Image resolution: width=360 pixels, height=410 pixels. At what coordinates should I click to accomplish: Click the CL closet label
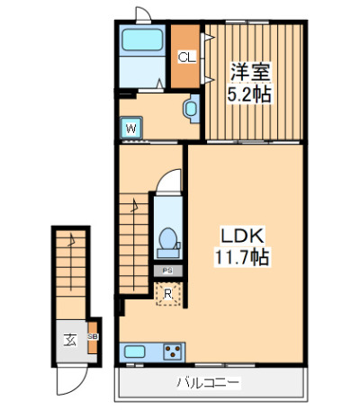coord(186,57)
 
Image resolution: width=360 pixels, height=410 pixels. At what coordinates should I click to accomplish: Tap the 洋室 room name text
coord(250,72)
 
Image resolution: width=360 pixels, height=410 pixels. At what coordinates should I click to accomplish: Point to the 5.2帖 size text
coord(249,94)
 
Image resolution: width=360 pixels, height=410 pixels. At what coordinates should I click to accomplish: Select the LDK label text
coord(242,236)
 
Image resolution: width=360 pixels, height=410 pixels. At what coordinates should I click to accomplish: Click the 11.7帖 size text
coord(242,257)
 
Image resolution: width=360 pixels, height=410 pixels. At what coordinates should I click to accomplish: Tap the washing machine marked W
coord(130,128)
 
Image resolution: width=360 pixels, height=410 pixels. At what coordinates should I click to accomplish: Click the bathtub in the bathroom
coord(142,40)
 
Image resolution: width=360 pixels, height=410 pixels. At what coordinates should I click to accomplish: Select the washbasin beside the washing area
coord(192,109)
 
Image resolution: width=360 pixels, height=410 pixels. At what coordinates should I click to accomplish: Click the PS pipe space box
coord(168,271)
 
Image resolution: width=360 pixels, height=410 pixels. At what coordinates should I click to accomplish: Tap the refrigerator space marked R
coord(168,294)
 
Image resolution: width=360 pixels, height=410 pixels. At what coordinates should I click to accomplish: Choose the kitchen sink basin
coord(135,352)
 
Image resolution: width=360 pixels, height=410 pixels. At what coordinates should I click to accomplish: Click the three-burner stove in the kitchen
coord(173,352)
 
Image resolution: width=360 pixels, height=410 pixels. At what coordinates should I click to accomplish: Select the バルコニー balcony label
coord(209,383)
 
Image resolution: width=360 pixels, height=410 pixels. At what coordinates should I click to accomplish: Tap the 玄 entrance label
coord(70,340)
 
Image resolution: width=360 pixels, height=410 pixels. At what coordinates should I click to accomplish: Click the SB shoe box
coord(93,337)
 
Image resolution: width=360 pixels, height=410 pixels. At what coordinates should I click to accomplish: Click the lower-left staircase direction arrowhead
coord(71,239)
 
